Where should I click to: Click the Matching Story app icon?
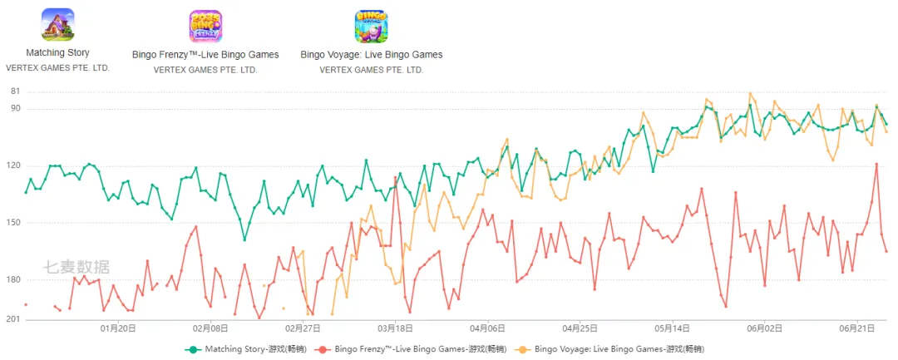(x=58, y=25)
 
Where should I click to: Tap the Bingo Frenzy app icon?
(x=205, y=27)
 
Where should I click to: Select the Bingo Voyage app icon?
(x=371, y=27)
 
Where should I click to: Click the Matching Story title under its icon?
(x=58, y=52)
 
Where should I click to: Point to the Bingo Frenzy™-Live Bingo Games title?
(x=205, y=55)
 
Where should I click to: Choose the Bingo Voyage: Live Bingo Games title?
(x=372, y=55)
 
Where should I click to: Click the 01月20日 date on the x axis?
(x=118, y=328)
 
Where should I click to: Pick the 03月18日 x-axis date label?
(x=395, y=328)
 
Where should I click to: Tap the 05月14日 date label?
(x=673, y=328)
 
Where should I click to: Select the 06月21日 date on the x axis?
(x=856, y=328)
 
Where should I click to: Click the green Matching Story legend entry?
(x=245, y=348)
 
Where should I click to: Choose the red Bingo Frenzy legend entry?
(x=411, y=348)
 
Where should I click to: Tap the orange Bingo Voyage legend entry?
(x=610, y=348)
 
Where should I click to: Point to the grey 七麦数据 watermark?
(x=76, y=267)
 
